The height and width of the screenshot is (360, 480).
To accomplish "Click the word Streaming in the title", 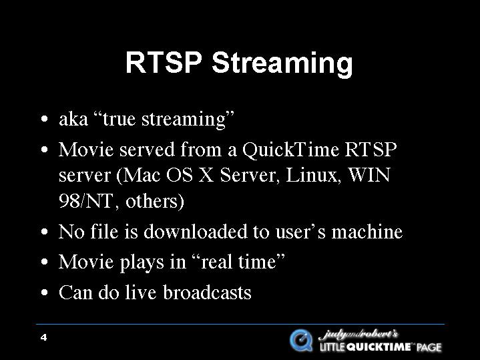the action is pos(282,63).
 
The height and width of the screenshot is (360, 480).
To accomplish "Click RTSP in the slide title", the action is pos(164,62).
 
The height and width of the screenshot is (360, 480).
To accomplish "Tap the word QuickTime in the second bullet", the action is pos(290,150).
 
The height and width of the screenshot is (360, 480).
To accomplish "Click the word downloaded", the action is pos(196,231).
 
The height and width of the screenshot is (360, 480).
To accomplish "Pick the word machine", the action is pos(367,231).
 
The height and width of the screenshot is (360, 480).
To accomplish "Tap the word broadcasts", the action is pos(207,293).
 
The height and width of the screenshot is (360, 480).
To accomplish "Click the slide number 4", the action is pos(44,338).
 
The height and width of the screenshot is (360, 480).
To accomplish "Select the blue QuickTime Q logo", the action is pos(301,340).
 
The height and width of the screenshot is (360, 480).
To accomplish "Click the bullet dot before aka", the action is pos(44,119).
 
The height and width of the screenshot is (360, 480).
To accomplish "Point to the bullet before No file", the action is pos(44,232).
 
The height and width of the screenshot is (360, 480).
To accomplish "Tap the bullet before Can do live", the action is pos(44,293).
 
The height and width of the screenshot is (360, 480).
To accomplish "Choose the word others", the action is pos(155,201).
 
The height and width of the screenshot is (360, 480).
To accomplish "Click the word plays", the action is pos(142,262).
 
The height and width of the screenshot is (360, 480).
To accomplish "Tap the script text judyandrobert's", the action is pos(358,334).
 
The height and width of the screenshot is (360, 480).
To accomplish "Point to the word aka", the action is pos(73,119).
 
